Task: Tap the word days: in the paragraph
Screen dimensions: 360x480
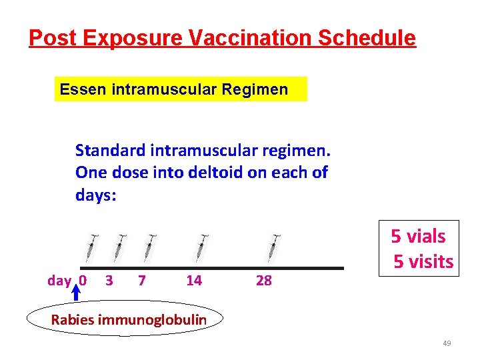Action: coord(96,195)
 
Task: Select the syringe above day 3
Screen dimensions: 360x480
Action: coord(119,247)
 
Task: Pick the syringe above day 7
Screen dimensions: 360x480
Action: coord(150,247)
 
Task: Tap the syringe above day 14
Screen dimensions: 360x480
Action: coord(203,247)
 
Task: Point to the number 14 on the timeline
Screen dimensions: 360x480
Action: coord(194,281)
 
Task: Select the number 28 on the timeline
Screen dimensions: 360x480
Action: coord(264,281)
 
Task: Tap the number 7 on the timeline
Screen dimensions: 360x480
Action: coord(141,281)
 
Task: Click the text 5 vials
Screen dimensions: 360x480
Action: coord(418,236)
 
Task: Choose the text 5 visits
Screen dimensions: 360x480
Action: coord(423,261)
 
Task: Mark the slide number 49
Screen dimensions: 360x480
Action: coord(447,343)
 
